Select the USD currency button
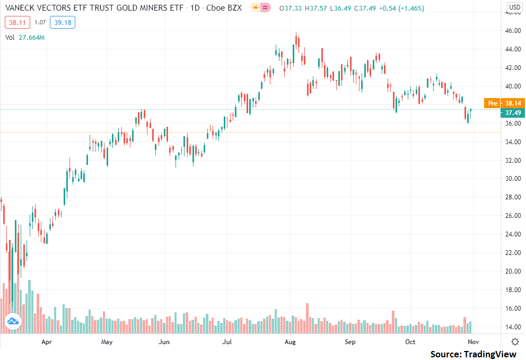pos(514,7)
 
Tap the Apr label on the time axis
pos(47,342)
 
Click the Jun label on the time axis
pos(164,342)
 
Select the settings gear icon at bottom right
pos(515,341)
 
